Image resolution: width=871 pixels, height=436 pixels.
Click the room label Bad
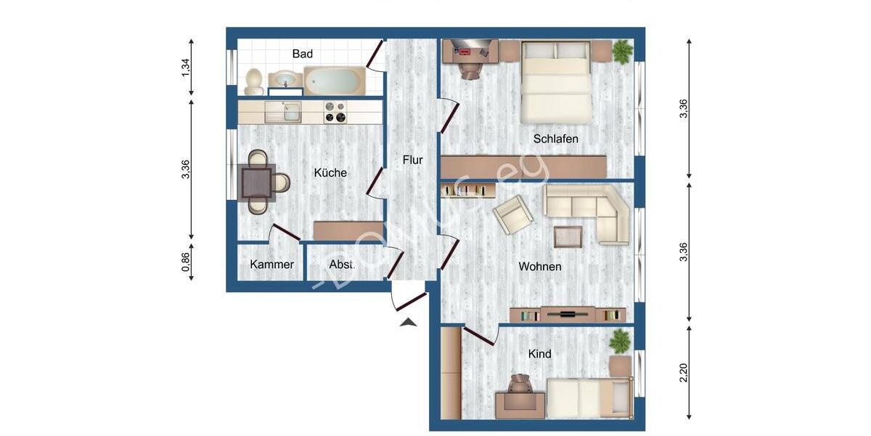[x=303, y=54]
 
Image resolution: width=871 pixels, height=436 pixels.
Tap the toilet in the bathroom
[x=253, y=81]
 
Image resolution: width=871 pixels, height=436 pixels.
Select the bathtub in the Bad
[x=334, y=80]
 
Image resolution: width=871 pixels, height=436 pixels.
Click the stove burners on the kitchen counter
[x=335, y=112]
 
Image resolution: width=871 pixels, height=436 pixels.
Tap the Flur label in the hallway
[x=412, y=160]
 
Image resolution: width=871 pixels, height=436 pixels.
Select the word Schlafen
[x=555, y=138]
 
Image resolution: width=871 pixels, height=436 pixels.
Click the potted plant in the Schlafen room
[x=622, y=51]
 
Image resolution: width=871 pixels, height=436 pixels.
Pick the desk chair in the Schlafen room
[x=470, y=68]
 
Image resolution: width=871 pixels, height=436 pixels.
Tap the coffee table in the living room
[x=568, y=237]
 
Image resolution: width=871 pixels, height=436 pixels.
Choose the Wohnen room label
[x=539, y=267]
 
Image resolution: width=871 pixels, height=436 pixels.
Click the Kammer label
[x=271, y=265]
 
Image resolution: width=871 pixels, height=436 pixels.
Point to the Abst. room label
[x=342, y=265]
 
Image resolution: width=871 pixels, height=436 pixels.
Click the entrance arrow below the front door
[x=409, y=321]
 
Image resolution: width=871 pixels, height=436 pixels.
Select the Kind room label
[x=539, y=354]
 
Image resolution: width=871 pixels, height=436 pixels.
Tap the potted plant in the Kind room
[x=621, y=342]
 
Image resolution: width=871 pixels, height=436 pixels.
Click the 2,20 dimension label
[x=683, y=373]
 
